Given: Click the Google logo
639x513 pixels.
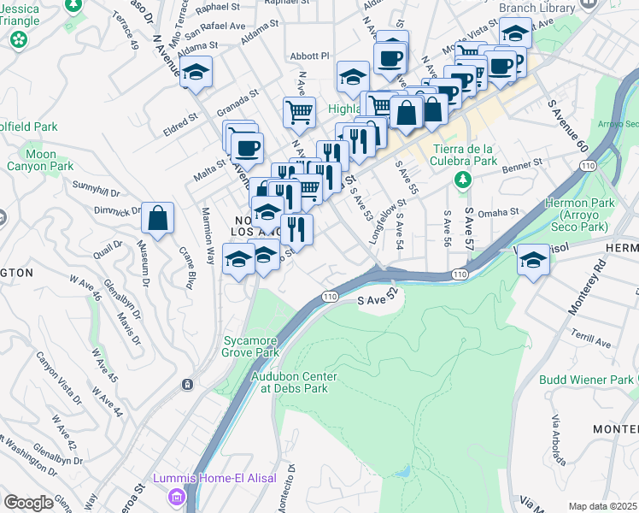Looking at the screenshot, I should (x=28, y=502).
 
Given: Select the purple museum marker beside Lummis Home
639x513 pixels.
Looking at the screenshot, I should (x=177, y=495).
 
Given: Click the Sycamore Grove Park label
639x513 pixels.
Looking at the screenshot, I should (x=250, y=345).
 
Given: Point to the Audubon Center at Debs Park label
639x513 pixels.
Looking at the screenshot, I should (x=294, y=381).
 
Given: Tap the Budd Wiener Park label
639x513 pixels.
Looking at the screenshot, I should (x=586, y=380).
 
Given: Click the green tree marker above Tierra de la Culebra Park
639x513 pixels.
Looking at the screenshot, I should (x=462, y=180).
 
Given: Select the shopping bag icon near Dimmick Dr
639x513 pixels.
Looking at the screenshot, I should (x=158, y=218).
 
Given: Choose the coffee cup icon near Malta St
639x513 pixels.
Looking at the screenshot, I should (x=247, y=148).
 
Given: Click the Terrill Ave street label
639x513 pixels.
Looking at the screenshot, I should (x=592, y=342).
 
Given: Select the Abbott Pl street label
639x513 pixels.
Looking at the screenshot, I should (x=309, y=56).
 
